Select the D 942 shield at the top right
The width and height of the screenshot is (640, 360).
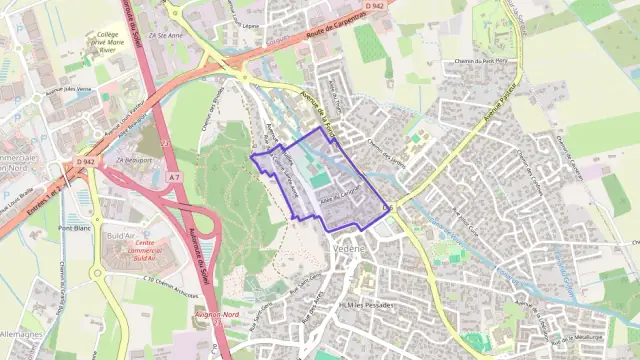point(375,6)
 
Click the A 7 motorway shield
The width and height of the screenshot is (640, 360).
point(174,177)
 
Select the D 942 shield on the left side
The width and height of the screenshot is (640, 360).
point(85,161)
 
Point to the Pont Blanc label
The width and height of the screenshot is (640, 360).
point(75,228)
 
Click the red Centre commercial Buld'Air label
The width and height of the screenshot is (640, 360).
point(144,249)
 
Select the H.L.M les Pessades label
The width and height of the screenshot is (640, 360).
point(367,303)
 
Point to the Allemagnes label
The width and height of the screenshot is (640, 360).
point(20,334)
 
